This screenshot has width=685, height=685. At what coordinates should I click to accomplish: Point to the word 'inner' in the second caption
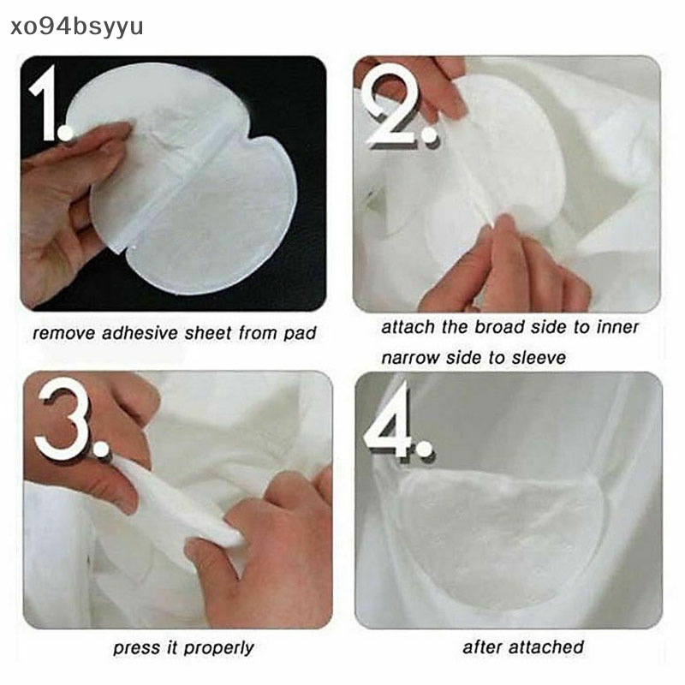coord(616,327)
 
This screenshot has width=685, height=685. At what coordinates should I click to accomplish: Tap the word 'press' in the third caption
coord(136,648)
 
